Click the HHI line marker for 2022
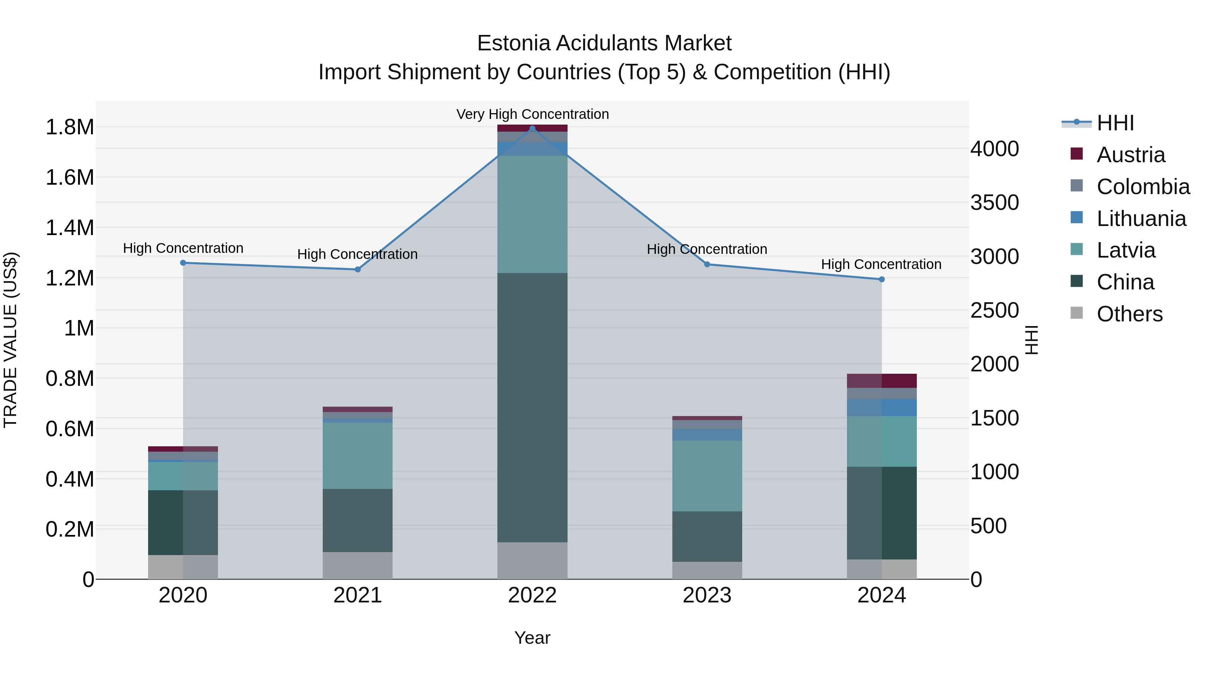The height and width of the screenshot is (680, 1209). click(532, 129)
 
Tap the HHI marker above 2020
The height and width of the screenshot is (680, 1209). click(183, 263)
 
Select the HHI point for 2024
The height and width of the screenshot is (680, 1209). click(882, 279)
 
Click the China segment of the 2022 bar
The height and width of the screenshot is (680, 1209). click(532, 407)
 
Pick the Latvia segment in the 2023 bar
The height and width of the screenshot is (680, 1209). click(707, 475)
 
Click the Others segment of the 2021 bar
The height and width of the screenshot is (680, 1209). click(358, 565)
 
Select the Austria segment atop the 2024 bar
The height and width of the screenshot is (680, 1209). click(882, 380)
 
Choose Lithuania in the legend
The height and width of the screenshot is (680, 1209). click(1141, 219)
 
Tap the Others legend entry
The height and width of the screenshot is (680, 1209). click(1129, 314)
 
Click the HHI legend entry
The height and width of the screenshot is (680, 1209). click(1115, 123)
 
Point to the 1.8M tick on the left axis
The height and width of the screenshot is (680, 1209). click(70, 128)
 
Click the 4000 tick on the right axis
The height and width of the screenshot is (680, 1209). click(994, 149)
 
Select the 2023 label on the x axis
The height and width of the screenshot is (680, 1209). click(707, 595)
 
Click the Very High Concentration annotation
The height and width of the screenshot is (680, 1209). click(532, 114)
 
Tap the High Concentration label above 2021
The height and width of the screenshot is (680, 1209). click(357, 254)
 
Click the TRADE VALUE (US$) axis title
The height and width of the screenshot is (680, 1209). click(10, 340)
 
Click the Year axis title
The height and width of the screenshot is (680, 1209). click(532, 638)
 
